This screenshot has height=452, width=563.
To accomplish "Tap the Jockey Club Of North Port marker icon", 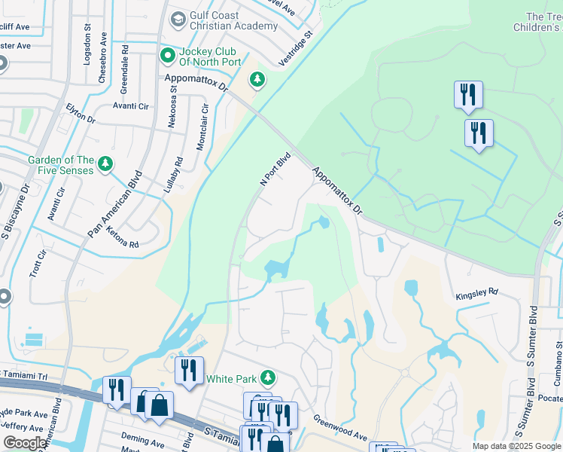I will [167, 55].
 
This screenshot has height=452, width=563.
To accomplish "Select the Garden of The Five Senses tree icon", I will [105, 163].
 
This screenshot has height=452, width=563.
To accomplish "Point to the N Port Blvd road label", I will [275, 170].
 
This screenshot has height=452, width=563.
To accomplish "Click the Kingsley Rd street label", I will [476, 292].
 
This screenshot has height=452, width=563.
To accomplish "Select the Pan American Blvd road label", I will [114, 204].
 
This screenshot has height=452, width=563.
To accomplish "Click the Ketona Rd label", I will [123, 239].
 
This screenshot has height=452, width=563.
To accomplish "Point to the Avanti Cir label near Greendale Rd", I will [131, 106].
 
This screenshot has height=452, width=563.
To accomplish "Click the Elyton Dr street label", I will [81, 114].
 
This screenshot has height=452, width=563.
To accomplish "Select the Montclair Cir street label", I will [202, 128].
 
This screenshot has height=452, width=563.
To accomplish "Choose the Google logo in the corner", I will [25, 443].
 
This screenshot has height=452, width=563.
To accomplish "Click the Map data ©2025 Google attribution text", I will [516, 446].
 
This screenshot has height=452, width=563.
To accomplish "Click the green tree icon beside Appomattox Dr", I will [257, 79].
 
